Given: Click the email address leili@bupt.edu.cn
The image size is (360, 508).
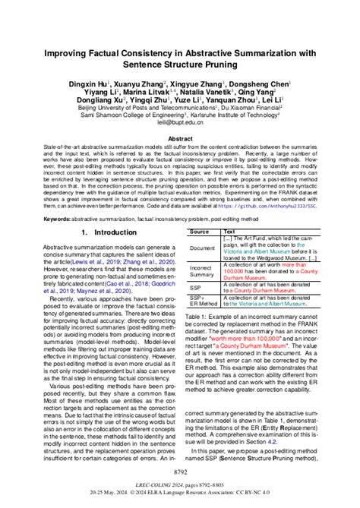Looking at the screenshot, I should [179, 121].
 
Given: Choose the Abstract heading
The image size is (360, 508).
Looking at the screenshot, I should [179, 139].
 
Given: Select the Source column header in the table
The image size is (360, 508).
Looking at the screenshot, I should [199, 231].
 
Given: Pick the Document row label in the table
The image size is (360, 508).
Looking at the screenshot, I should [202, 248].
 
